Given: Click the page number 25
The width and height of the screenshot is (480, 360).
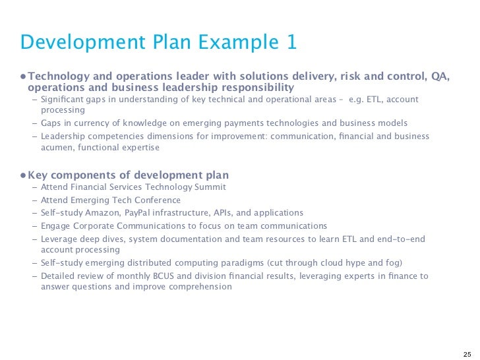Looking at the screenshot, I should coord(467,353).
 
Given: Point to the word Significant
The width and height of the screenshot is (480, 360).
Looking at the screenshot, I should coord(63,100).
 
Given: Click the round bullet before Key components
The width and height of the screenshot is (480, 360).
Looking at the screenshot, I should coord(22,175).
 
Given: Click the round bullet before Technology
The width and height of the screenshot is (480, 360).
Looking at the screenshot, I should coord(22,77).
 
